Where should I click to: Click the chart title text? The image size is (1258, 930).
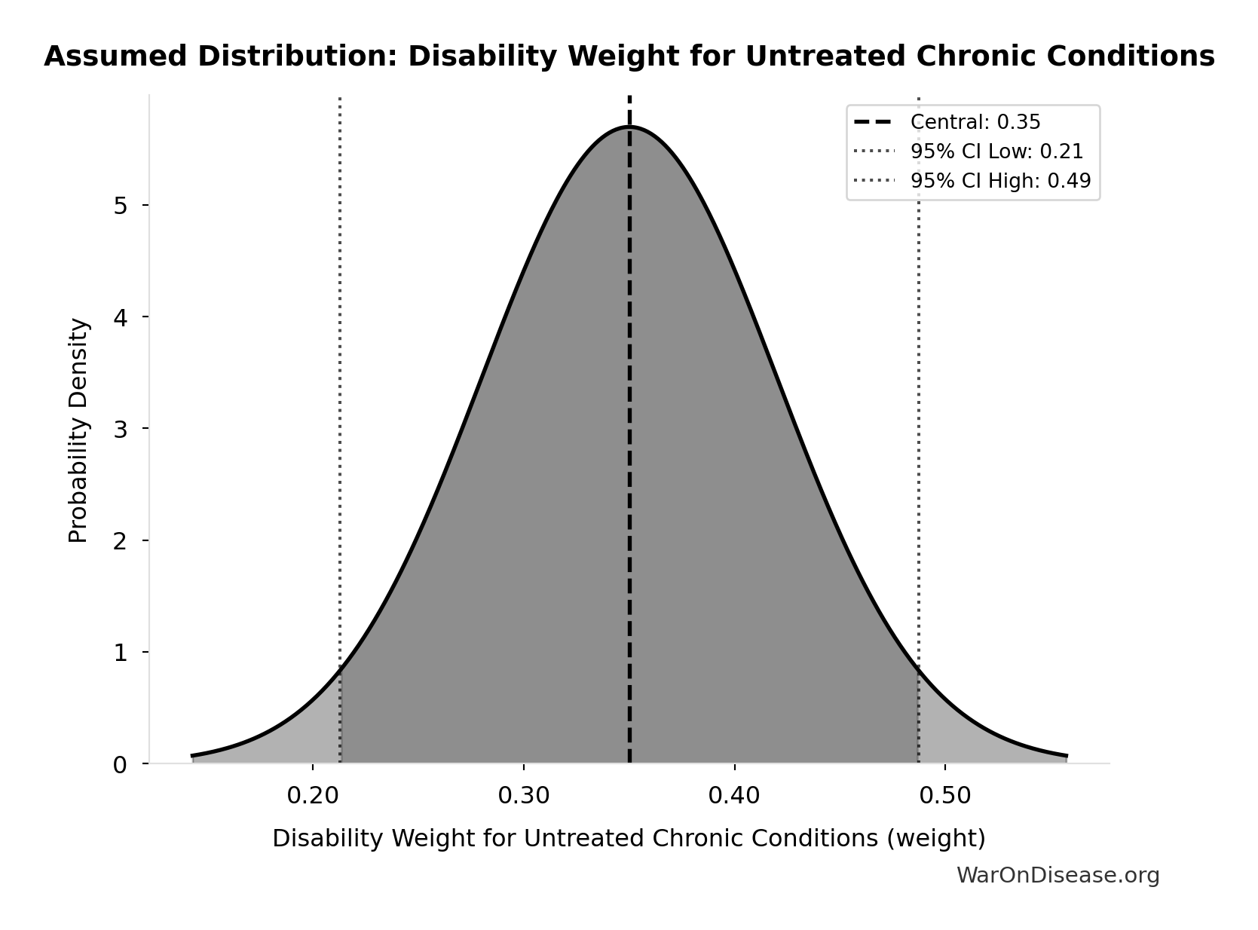pyautogui.click(x=629, y=57)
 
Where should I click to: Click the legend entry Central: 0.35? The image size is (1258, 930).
pyautogui.click(x=975, y=122)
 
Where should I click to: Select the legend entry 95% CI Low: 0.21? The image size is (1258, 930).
pyautogui.click(x=996, y=151)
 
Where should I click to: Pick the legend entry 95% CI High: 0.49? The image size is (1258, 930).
pyautogui.click(x=999, y=181)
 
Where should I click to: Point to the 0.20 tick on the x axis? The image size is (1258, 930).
pyautogui.click(x=312, y=796)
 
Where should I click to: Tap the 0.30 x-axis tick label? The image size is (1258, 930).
pyautogui.click(x=523, y=796)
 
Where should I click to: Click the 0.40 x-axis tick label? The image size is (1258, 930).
pyautogui.click(x=733, y=796)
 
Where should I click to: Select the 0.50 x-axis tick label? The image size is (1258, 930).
pyautogui.click(x=944, y=796)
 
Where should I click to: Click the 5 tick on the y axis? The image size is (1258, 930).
pyautogui.click(x=121, y=205)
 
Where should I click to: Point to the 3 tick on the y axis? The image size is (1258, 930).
pyautogui.click(x=121, y=429)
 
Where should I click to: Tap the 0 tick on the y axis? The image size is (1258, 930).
pyautogui.click(x=121, y=764)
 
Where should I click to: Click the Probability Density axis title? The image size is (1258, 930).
pyautogui.click(x=78, y=430)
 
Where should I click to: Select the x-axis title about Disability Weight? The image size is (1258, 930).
pyautogui.click(x=629, y=839)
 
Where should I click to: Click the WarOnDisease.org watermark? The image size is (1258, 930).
pyautogui.click(x=1058, y=876)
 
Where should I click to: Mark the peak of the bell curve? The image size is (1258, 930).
pyautogui.click(x=629, y=127)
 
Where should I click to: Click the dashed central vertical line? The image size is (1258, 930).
pyautogui.click(x=629, y=452)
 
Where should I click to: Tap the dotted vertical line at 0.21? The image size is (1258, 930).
pyautogui.click(x=340, y=377)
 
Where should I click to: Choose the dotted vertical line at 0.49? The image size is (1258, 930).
pyautogui.click(x=918, y=377)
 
